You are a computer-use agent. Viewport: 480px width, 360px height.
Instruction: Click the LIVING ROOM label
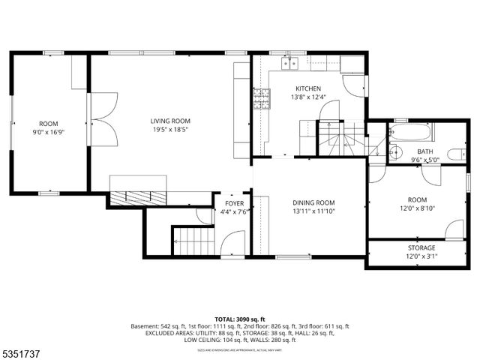tap(170, 121)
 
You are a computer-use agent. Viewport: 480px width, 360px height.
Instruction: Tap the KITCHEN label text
tap(308, 88)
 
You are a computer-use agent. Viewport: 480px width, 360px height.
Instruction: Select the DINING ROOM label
tap(313, 202)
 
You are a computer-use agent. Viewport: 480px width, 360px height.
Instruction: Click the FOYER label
tap(235, 203)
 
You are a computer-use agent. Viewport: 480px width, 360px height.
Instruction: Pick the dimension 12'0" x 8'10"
tap(417, 208)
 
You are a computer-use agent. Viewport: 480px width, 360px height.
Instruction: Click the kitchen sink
tap(289, 63)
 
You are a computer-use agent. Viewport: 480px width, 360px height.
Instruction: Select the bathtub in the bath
tap(411, 133)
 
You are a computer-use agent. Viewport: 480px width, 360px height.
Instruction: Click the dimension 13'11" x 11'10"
tap(313, 211)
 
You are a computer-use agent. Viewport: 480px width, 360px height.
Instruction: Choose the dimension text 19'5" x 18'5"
tap(170, 130)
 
